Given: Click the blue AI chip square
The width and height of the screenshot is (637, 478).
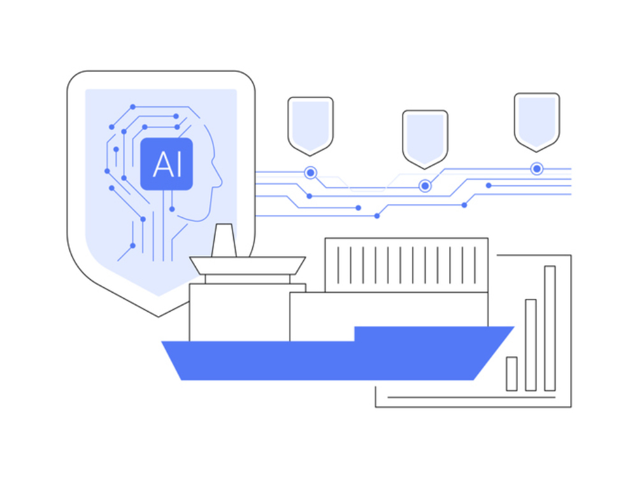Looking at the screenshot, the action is coord(166,164).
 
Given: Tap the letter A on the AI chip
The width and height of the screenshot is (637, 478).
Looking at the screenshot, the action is coord(162,164).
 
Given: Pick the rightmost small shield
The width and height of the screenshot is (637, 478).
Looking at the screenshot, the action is coord(536,122).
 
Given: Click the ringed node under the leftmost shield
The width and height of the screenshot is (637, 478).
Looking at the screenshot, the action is coord(310,173).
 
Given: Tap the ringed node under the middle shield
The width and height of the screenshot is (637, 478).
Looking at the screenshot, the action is coord(425,185).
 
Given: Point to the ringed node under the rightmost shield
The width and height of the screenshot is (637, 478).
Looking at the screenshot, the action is coord(536,169).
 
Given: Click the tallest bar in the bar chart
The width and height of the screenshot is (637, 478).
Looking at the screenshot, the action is coord(550,328).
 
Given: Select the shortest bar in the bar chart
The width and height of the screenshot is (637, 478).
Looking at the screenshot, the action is coord(512,373).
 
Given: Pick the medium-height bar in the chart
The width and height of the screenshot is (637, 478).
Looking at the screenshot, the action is coord(531,345).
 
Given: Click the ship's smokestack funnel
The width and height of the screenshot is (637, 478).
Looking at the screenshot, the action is coord(224,240).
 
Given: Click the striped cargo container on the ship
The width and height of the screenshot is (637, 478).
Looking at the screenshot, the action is coord(406,265).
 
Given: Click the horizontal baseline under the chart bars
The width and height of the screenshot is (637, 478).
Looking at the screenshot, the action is coord(471,397).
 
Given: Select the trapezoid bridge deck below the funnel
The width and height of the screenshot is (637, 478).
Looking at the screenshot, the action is coord(247,265).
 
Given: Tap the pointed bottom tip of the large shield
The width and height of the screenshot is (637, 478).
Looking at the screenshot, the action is coord(159,316).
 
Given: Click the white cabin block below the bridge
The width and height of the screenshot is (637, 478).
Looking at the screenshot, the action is coord(240,312).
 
